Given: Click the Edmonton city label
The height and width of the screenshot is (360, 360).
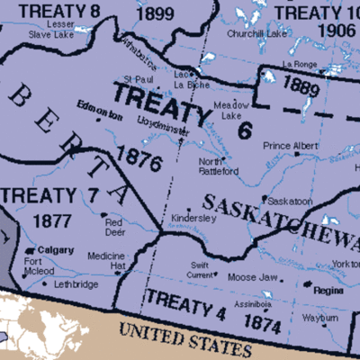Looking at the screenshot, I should click(x=100, y=116).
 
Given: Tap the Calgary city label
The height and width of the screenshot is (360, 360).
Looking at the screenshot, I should click(x=57, y=250).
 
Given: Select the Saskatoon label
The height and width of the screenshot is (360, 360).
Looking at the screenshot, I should click(x=289, y=200).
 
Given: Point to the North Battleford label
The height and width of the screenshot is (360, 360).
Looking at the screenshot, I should click(x=219, y=166).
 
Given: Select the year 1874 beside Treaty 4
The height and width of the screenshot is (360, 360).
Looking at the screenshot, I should click(x=263, y=321).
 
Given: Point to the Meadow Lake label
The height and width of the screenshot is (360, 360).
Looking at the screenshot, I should click(x=236, y=109).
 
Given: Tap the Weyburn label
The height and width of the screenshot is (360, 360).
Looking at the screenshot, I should click(x=320, y=318).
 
